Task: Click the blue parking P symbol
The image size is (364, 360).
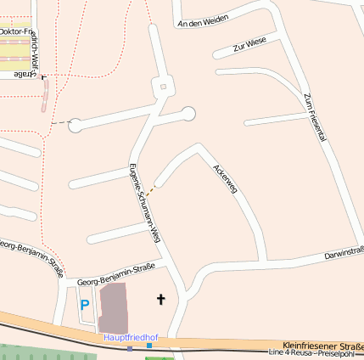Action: coord(84,304)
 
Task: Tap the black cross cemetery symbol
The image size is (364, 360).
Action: coord(160,299)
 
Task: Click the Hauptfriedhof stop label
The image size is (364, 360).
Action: coord(131,338)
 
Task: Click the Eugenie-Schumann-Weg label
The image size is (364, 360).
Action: coord(143,204)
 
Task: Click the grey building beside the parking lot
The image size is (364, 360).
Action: coord(114,308)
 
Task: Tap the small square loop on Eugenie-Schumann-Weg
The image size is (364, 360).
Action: coord(161,85)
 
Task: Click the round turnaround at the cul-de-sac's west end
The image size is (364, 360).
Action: coord(75,126)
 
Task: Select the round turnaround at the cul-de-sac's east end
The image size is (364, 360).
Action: coord(188,113)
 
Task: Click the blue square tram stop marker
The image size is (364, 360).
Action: coord(149,346)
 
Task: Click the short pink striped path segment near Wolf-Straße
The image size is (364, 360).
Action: coord(44,96)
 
